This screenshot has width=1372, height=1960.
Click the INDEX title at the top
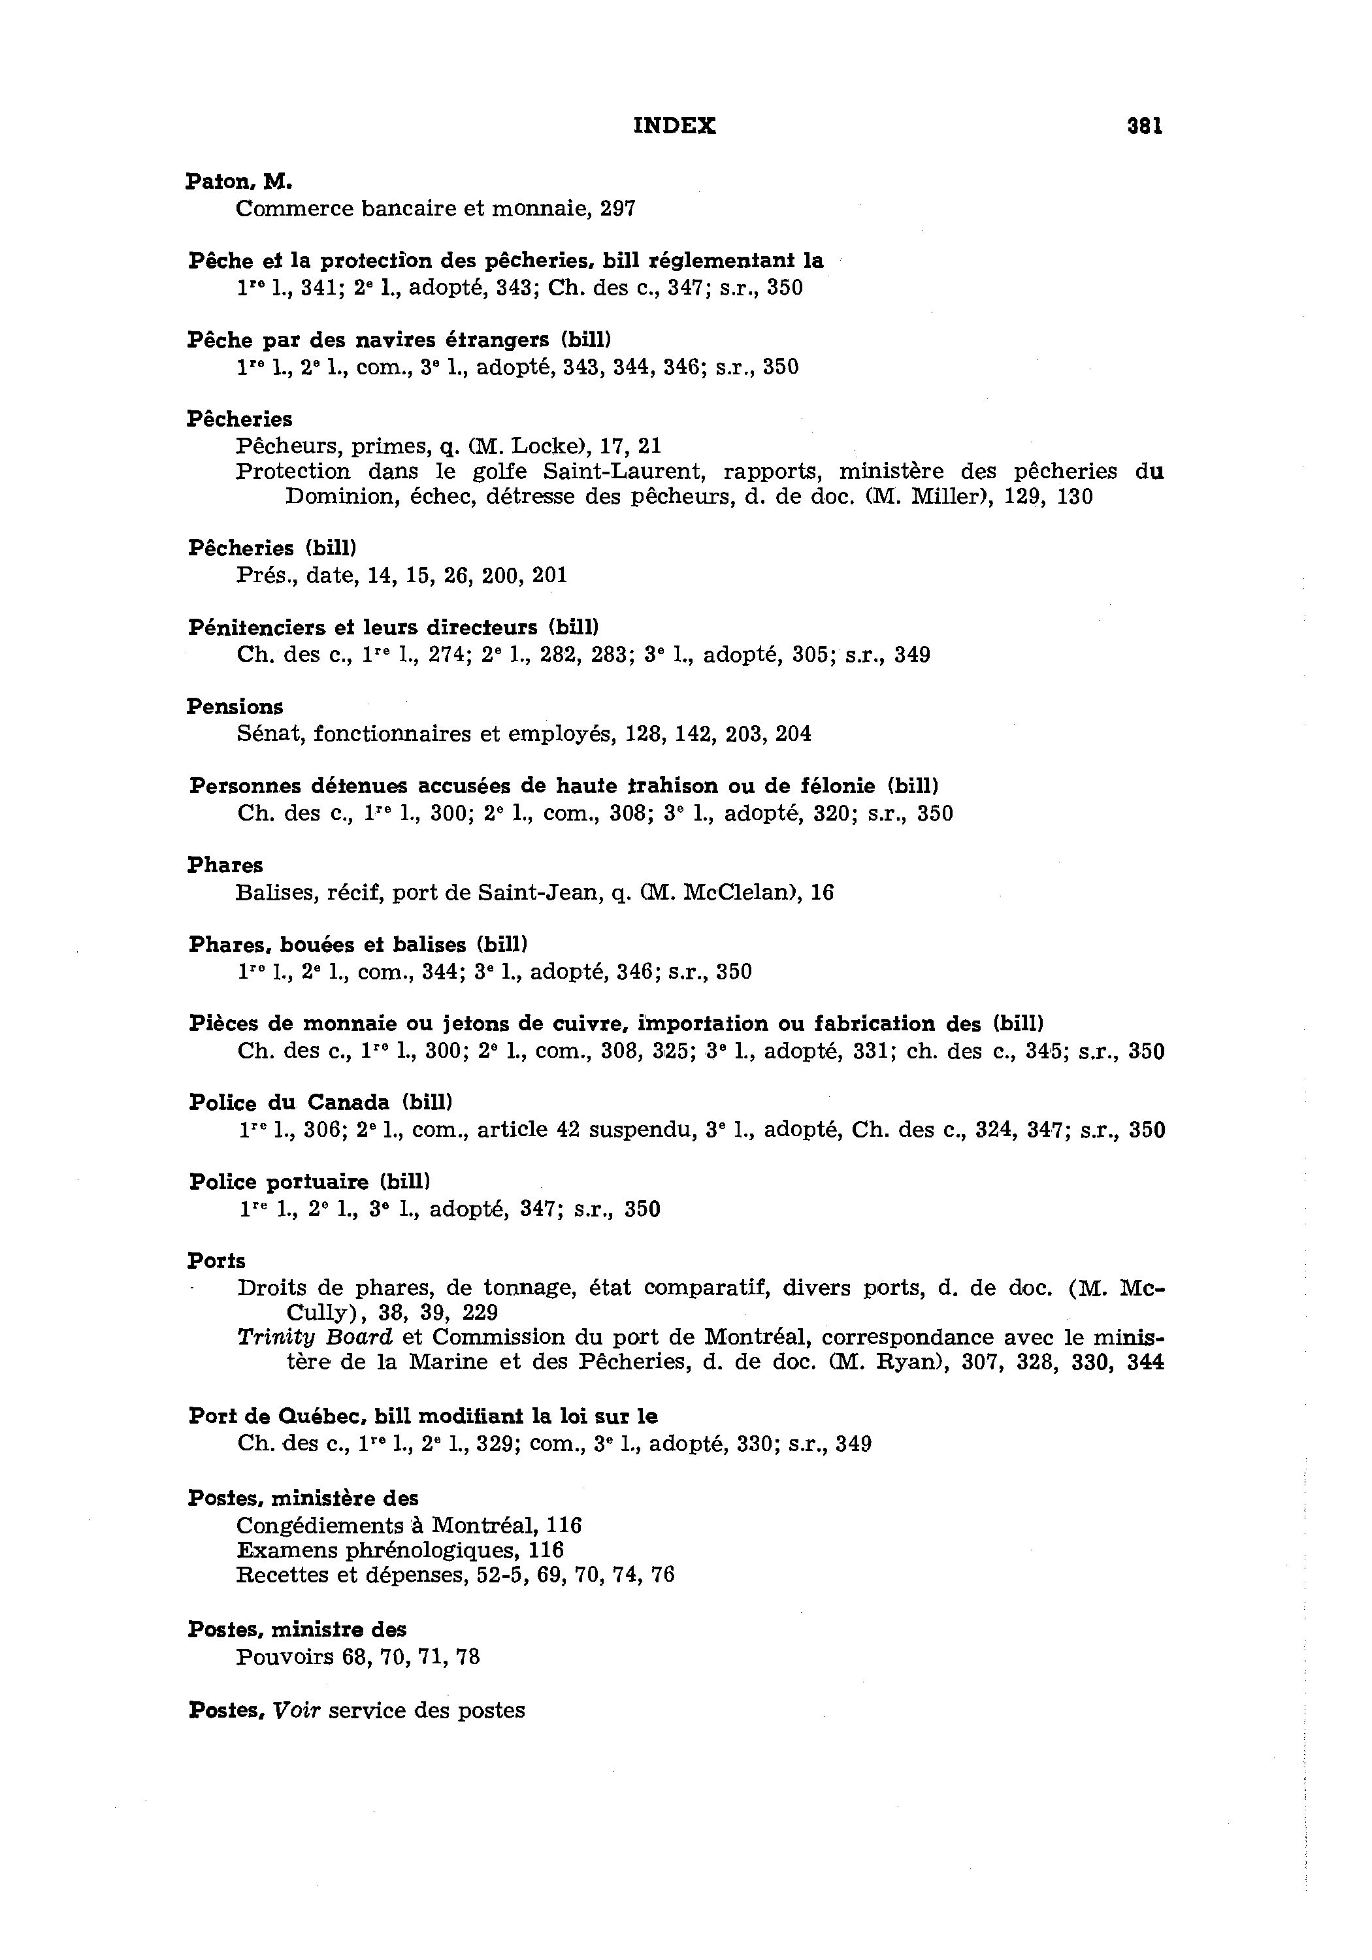pyautogui.click(x=674, y=126)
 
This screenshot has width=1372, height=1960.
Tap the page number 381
pyautogui.click(x=1144, y=126)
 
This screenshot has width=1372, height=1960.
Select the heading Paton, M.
pyautogui.click(x=239, y=181)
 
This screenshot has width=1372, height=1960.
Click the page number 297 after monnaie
pyautogui.click(x=617, y=208)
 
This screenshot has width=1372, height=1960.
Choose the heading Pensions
pyautogui.click(x=235, y=707)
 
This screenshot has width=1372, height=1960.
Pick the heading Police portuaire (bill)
pyautogui.click(x=309, y=1183)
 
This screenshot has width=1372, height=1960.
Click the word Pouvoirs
pyautogui.click(x=284, y=1657)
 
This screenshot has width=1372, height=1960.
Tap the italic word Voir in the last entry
pyautogui.click(x=296, y=1710)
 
